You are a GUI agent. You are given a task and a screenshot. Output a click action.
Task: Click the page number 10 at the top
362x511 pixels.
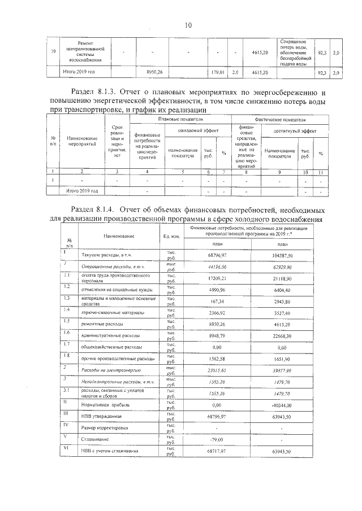click(188, 25)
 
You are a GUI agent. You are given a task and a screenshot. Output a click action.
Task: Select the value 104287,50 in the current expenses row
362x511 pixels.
click(281, 256)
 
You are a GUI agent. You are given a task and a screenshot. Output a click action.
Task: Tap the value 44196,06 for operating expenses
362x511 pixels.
click(209, 266)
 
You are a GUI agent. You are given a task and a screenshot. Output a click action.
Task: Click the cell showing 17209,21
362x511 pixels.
click(209, 278)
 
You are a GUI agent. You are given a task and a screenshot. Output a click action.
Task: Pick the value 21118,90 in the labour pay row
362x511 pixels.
click(281, 278)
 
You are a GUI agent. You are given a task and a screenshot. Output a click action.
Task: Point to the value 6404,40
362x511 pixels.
click(281, 290)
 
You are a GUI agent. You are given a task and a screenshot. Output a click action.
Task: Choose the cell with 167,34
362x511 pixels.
click(209, 302)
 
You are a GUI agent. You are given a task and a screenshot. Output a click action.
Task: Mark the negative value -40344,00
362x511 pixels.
click(281, 405)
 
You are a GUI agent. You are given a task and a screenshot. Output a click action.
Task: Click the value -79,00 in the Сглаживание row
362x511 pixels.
click(209, 439)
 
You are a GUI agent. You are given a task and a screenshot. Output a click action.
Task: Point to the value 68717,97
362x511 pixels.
click(209, 451)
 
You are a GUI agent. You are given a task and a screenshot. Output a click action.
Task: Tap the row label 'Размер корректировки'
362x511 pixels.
click(97, 428)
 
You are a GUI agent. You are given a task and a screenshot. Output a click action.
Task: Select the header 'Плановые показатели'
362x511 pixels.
click(180, 120)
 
